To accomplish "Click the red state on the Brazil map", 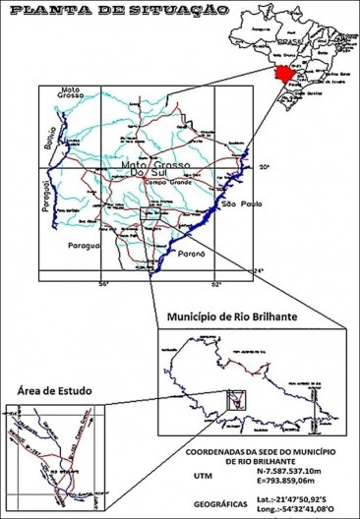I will click(x=284, y=74).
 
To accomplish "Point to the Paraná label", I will click(x=189, y=253).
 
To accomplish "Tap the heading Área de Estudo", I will click(x=48, y=391).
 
